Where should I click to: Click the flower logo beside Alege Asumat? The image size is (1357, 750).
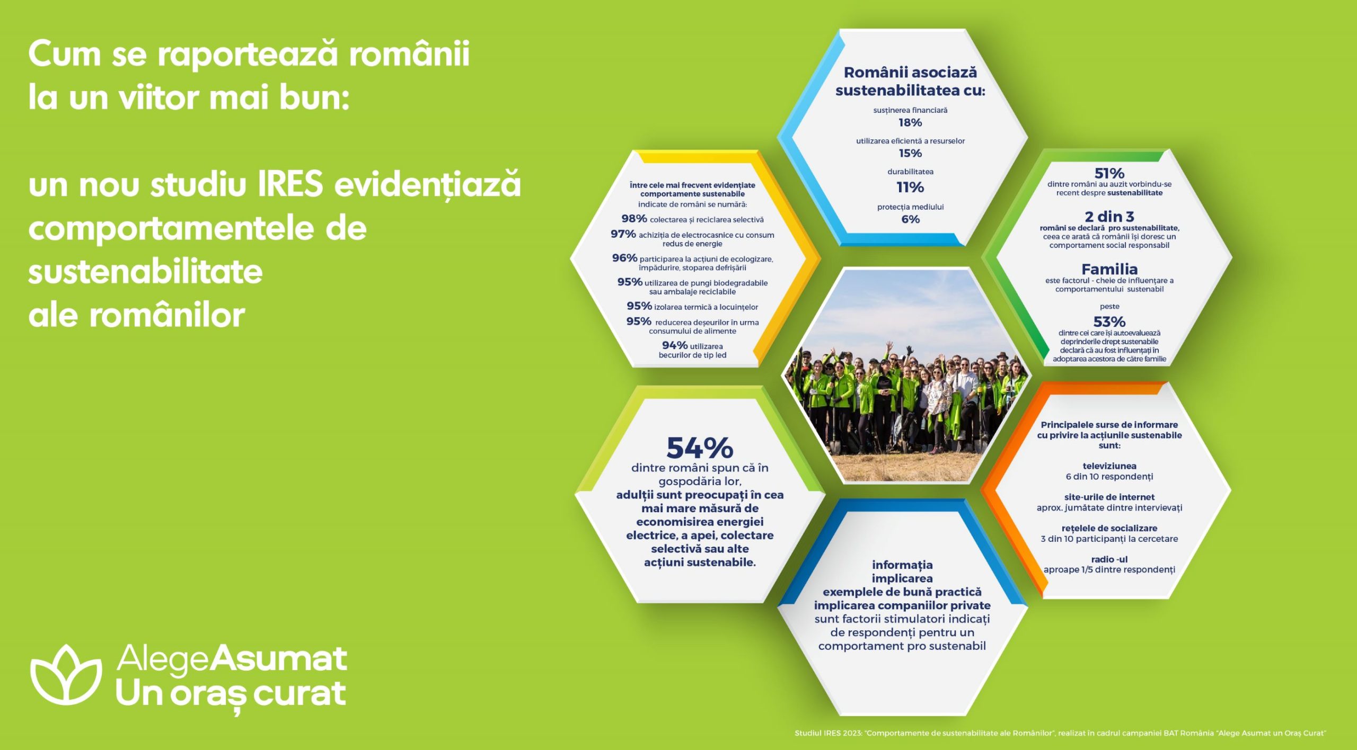[x=66, y=675]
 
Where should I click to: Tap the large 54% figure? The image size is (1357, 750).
[x=700, y=448]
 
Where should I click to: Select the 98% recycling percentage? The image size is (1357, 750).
[x=634, y=218]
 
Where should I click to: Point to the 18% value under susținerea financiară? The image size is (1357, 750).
[x=910, y=122]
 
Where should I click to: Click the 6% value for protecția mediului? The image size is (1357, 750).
[x=910, y=219]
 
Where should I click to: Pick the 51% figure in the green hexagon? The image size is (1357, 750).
[x=1109, y=173]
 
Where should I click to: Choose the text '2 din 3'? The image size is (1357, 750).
[x=1109, y=217]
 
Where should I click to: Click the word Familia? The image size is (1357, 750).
[x=1109, y=269]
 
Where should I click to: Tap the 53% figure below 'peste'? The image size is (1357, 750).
[x=1109, y=322]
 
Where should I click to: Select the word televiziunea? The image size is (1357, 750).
[x=1109, y=466]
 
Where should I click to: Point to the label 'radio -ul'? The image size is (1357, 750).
[x=1109, y=559]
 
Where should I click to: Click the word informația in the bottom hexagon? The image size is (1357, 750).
[x=902, y=565]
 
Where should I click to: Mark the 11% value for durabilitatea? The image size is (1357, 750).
[x=910, y=187]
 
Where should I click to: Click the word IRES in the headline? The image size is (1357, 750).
[x=290, y=184]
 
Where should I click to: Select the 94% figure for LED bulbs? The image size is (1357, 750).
[x=674, y=345]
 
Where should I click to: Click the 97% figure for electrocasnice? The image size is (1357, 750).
[x=623, y=234]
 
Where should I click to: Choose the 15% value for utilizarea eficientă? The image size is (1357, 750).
[x=910, y=153]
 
